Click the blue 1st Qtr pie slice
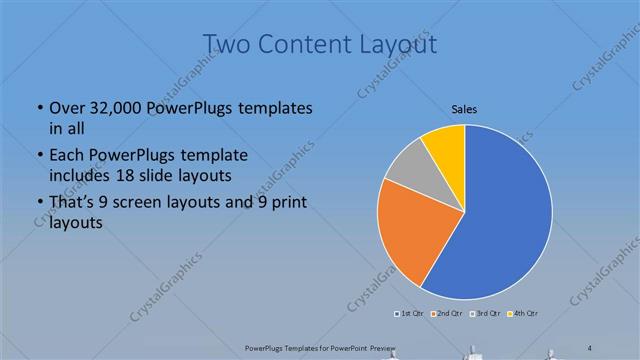pos(500,220)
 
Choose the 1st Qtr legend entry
pos(408,314)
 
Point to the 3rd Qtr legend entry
pos(487,314)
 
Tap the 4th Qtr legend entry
pos(525,314)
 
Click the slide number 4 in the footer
pos(590,346)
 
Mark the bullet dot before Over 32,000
pos(39,108)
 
